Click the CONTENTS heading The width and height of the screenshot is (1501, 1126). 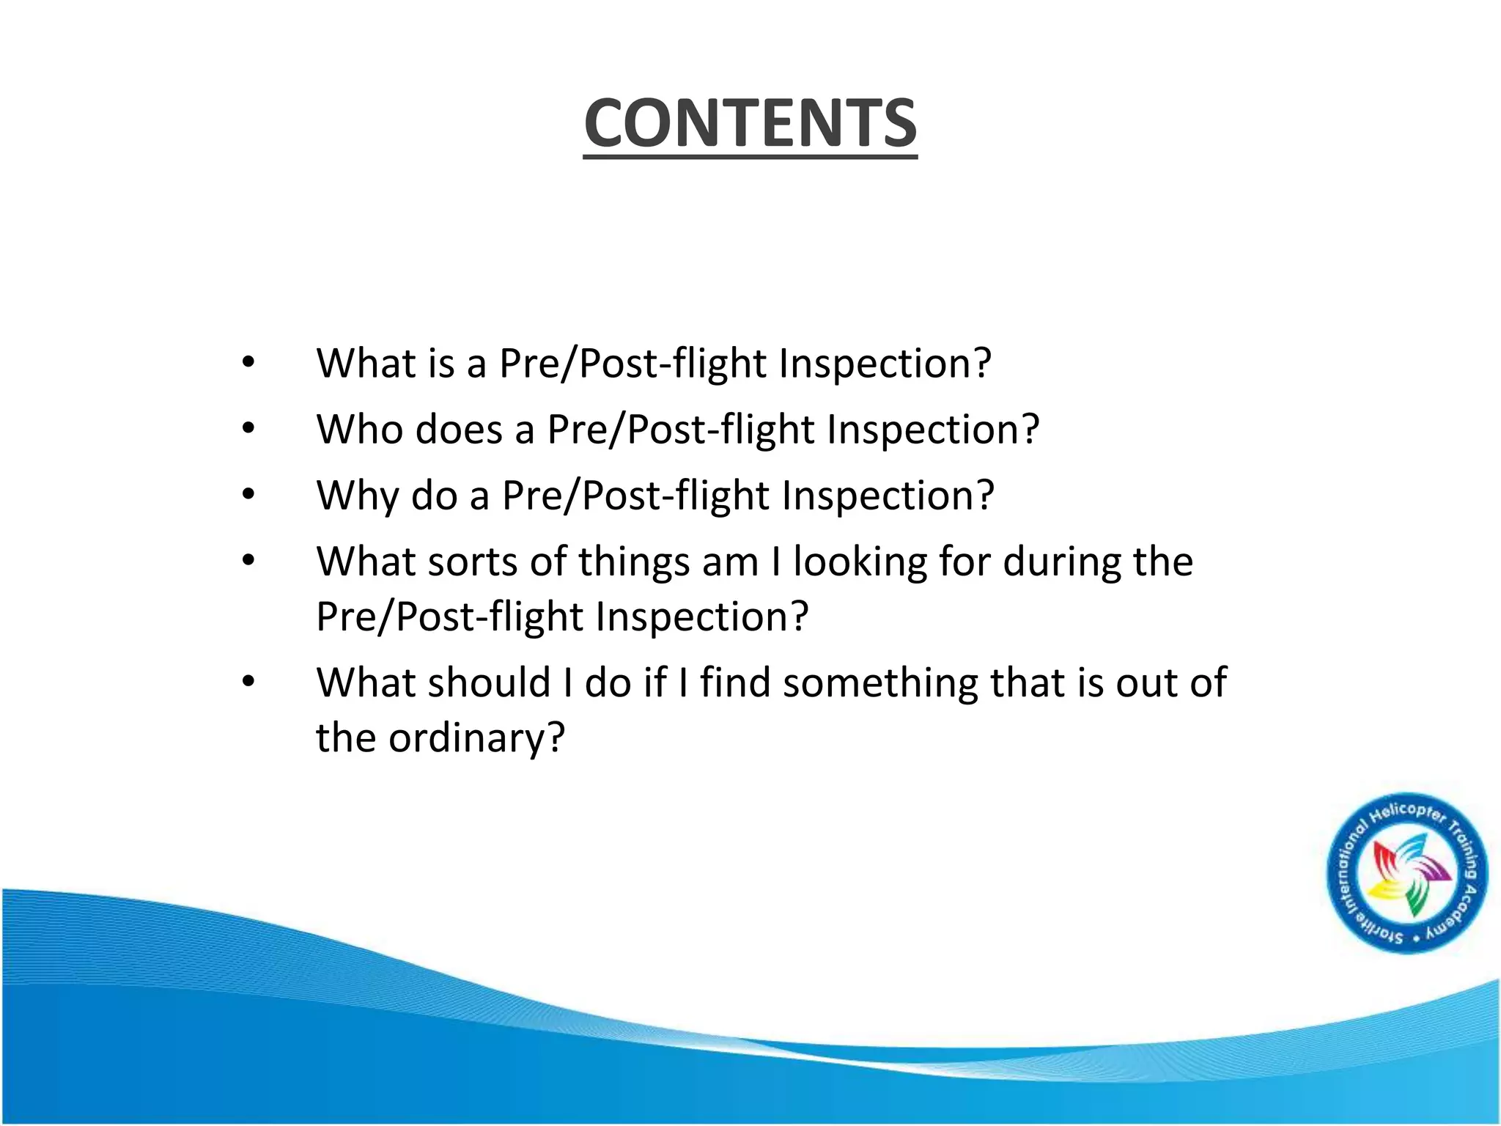coord(750,123)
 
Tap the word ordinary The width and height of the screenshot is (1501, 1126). coord(476,738)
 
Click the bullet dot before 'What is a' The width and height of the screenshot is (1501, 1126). coord(248,362)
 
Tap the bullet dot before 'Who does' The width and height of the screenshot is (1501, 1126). coord(248,429)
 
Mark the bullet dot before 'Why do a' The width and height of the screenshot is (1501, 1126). coord(248,495)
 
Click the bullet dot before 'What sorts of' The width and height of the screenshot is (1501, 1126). coord(248,562)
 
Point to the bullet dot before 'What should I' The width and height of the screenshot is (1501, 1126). coord(248,682)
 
